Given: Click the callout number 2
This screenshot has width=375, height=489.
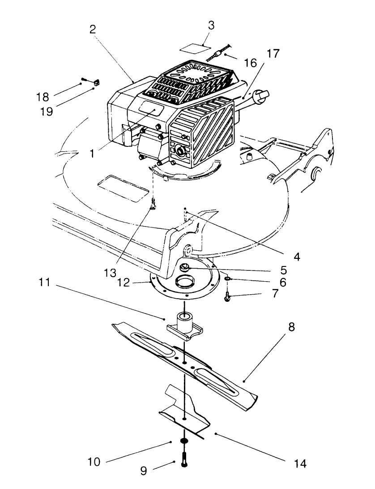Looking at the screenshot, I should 93,30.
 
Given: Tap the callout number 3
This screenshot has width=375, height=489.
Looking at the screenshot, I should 211,26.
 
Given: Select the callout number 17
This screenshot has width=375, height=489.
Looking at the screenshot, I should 273,55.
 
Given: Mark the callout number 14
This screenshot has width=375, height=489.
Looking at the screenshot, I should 301,463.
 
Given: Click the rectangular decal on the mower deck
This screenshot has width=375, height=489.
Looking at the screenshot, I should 123,189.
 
